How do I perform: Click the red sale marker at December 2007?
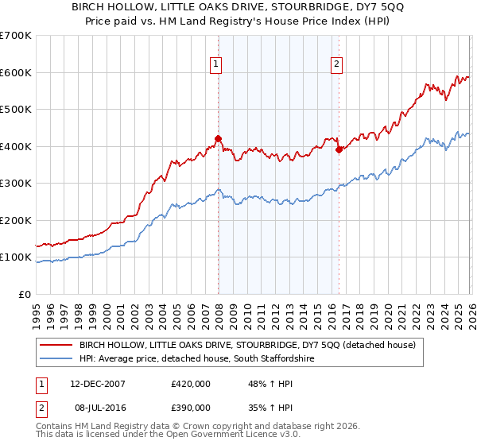[218, 138]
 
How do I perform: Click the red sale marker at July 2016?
[339, 149]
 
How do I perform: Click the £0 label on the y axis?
[24, 294]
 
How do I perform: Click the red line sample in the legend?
[56, 346]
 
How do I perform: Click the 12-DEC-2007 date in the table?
[97, 383]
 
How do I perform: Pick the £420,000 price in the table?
[191, 383]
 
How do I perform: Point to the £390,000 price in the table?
[191, 406]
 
